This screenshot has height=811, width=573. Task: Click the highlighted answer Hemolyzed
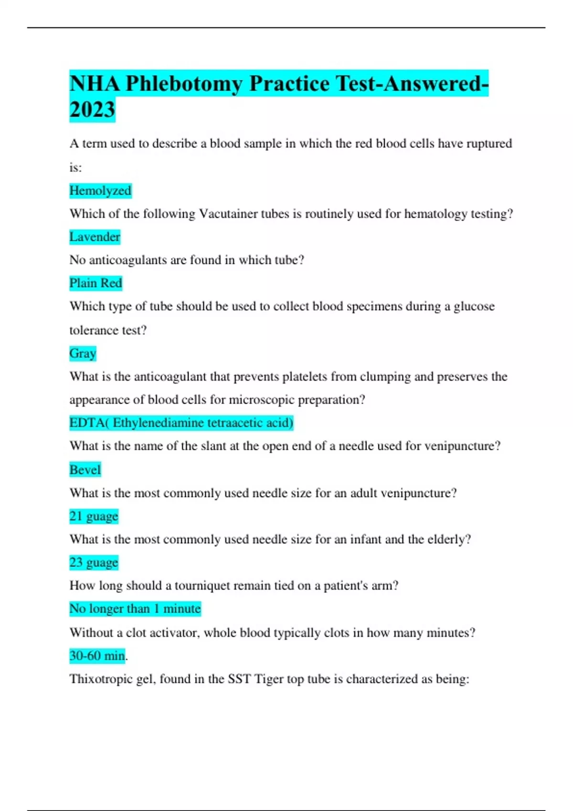[100, 191]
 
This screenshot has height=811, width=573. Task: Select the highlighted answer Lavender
[95, 237]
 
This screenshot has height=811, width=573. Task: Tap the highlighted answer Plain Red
[95, 283]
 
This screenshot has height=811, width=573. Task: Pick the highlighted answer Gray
[83, 354]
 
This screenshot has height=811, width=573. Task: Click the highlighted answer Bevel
[85, 470]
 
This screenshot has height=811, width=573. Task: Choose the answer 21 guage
[94, 516]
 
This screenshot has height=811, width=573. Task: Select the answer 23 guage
[94, 562]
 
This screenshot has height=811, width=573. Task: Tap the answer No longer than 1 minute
[135, 609]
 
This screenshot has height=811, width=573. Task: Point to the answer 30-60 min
[97, 656]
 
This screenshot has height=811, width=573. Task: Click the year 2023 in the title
[92, 109]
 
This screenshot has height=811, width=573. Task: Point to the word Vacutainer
[228, 214]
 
